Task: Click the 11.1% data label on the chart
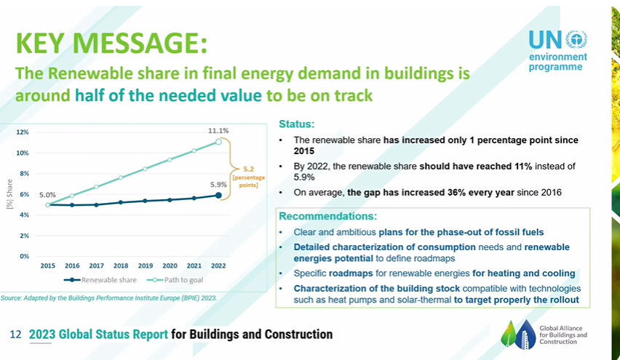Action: point(218,131)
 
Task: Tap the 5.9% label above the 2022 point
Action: point(218,185)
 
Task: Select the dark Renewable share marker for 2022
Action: point(218,195)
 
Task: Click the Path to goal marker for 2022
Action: point(218,142)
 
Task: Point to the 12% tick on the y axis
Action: point(23,132)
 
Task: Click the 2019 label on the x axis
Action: point(146,266)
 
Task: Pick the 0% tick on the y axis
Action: point(24,257)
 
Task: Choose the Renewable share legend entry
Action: point(100,280)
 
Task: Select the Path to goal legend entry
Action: point(175,280)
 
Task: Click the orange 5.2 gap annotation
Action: point(248,169)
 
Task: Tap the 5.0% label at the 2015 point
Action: point(47,195)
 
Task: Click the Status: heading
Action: point(297,124)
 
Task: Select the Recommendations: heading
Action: point(327,216)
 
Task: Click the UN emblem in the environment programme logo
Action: point(576,39)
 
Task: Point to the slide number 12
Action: point(15,335)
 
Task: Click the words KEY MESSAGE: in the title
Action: point(111,43)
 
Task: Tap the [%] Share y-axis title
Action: point(10,193)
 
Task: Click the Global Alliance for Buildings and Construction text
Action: point(563,335)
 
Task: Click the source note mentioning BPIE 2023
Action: point(108,298)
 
